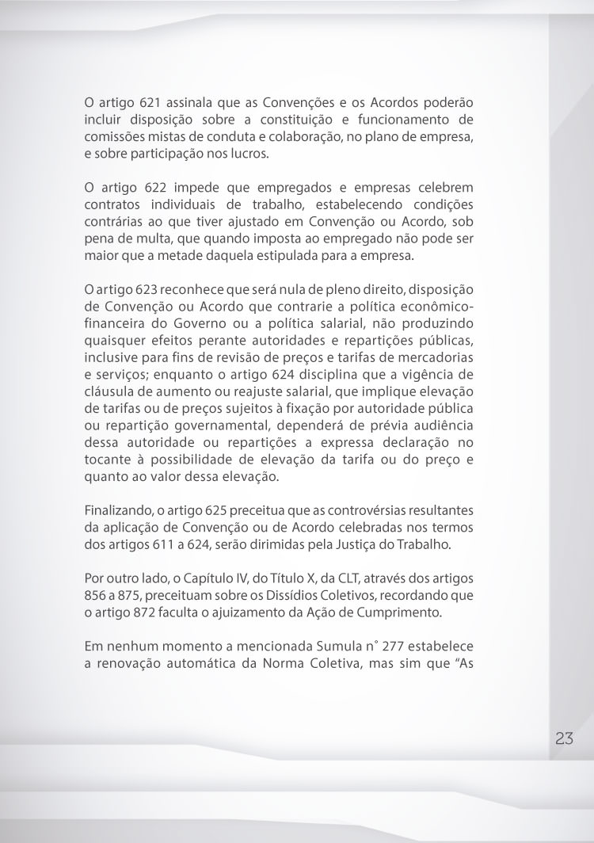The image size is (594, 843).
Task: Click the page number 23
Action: tap(564, 738)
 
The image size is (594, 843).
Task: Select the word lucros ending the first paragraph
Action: tap(250, 154)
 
